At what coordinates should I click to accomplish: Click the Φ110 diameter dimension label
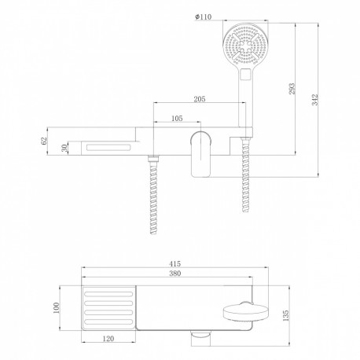pos(203,17)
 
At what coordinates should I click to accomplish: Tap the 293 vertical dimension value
pos(292,89)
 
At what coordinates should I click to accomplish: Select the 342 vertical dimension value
pos(314,100)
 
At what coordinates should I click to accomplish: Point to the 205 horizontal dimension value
pos(200,99)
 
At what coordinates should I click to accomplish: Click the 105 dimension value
pos(177,119)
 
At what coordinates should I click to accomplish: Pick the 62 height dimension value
pos(44,141)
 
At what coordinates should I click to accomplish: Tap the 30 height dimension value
pos(64,149)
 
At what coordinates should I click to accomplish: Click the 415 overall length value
pos(174,263)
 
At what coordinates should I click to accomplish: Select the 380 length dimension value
pos(174,274)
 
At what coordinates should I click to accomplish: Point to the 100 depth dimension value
pos(56,308)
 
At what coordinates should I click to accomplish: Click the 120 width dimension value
pos(108,339)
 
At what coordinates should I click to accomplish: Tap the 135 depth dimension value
pos(285,315)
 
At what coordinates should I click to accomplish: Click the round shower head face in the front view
pos(245,46)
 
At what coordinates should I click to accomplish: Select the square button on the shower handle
pos(245,74)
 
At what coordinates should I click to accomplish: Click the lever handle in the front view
pos(200,154)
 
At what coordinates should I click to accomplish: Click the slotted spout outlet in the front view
pos(108,148)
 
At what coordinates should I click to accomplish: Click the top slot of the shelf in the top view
pos(108,294)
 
